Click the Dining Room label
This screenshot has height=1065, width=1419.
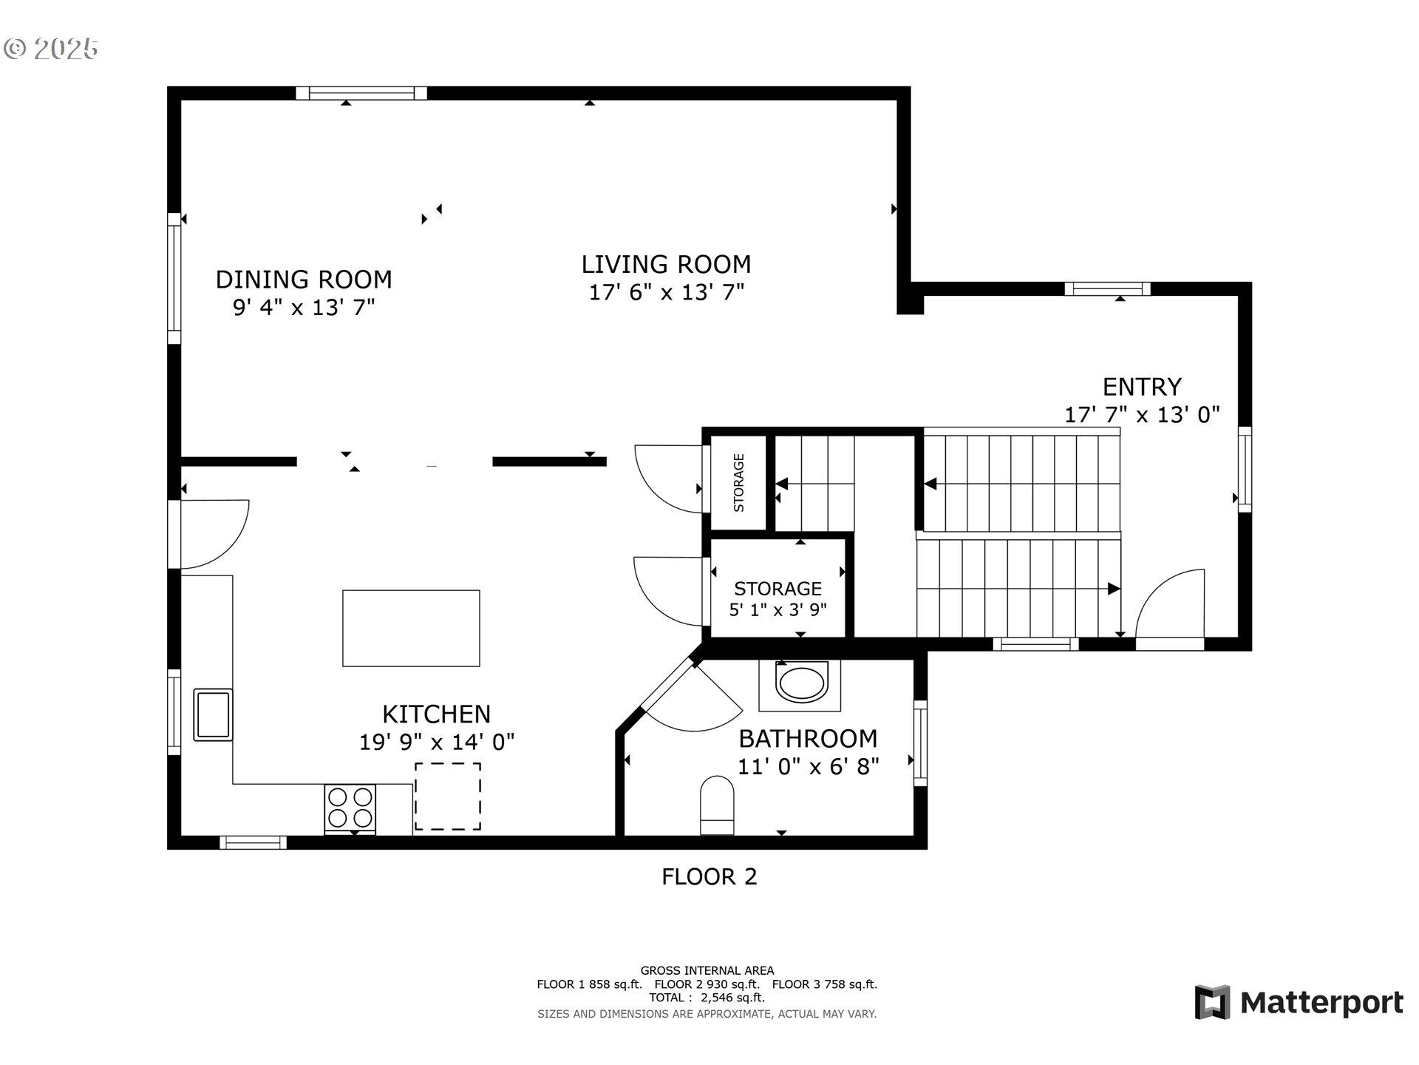pyautogui.click(x=304, y=280)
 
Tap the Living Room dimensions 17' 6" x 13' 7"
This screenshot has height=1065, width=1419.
pyautogui.click(x=666, y=292)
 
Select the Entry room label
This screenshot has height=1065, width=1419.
pyautogui.click(x=1142, y=387)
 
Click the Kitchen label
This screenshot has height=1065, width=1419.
pyautogui.click(x=436, y=714)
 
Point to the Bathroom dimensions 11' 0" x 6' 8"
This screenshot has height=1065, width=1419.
pyautogui.click(x=809, y=766)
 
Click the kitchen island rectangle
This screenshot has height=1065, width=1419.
pyautogui.click(x=411, y=628)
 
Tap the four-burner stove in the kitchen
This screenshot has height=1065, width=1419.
pyautogui.click(x=350, y=808)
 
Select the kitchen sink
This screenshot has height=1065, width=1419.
pyautogui.click(x=213, y=714)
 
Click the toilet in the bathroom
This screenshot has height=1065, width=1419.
pyautogui.click(x=717, y=805)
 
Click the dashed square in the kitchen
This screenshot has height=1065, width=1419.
pyautogui.click(x=448, y=797)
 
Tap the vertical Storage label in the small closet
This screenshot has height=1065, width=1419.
pyautogui.click(x=738, y=483)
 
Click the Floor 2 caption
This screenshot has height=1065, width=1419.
pyautogui.click(x=709, y=876)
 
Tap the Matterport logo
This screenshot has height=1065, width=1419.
pyautogui.click(x=1299, y=1002)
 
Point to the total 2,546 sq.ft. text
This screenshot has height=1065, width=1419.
pyautogui.click(x=707, y=998)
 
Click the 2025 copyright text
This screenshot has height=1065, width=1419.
pyautogui.click(x=51, y=49)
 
